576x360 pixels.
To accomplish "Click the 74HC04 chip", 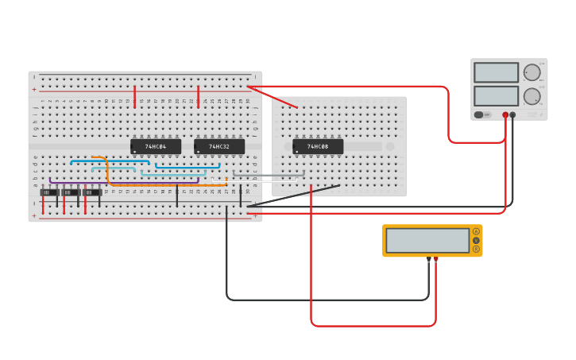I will click(x=156, y=147).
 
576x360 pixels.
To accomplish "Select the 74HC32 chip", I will click(x=219, y=147).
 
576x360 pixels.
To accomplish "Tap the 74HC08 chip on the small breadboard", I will click(x=318, y=147).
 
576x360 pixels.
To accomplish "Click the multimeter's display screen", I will click(x=427, y=240).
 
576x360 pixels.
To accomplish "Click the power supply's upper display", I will click(x=496, y=72).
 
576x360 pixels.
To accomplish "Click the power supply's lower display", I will click(x=496, y=96).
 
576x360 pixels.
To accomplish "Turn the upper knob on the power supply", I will click(x=532, y=72).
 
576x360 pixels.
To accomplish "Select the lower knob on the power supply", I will click(x=532, y=96).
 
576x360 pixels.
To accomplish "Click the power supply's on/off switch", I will click(x=479, y=114).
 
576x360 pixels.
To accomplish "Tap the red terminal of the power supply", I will click(x=505, y=115).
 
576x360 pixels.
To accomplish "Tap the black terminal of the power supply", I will click(x=512, y=115).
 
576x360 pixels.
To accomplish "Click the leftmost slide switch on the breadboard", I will click(x=49, y=192).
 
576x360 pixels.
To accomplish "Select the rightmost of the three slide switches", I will click(x=92, y=192).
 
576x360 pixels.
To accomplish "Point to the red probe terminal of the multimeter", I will click(x=435, y=259).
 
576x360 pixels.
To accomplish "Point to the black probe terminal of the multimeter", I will click(x=429, y=259).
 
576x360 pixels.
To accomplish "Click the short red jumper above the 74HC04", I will click(x=135, y=95).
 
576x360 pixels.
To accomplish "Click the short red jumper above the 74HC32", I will click(x=199, y=95).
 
